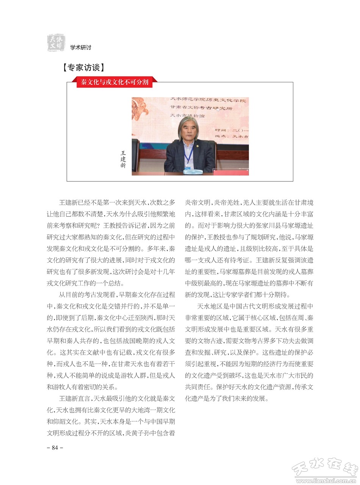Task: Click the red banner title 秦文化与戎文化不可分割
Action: (114, 82)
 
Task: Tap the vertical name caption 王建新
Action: (123, 159)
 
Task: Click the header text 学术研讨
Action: (80, 47)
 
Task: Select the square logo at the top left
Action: (56, 42)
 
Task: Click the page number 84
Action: (55, 447)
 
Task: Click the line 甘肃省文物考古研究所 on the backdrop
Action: (201, 108)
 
